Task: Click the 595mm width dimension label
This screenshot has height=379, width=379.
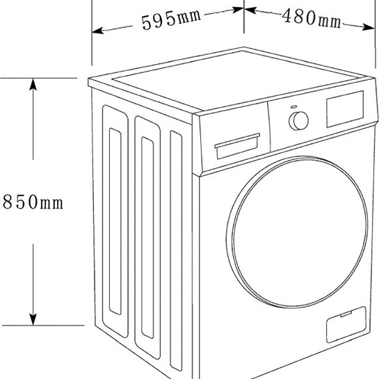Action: click(x=171, y=19)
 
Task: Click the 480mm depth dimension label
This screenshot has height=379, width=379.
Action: click(x=312, y=18)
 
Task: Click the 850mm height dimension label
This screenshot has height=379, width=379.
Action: click(x=33, y=202)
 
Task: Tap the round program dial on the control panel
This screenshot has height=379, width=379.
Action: click(x=299, y=120)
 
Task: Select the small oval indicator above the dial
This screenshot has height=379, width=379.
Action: click(x=294, y=106)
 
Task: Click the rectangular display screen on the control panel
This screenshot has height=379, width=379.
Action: click(x=345, y=109)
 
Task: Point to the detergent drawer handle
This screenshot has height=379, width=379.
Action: click(x=237, y=140)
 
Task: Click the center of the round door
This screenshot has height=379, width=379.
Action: click(x=298, y=232)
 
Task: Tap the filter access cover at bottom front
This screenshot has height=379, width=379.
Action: click(x=346, y=324)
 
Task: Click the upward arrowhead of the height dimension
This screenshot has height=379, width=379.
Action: click(x=33, y=85)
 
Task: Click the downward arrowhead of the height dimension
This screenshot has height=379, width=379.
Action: click(x=33, y=319)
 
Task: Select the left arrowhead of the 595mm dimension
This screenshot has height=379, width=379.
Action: click(x=98, y=31)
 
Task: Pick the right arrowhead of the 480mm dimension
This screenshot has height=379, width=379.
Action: click(x=369, y=27)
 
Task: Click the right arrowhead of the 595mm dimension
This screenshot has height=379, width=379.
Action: click(x=238, y=10)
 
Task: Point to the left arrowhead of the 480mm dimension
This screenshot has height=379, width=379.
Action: click(x=250, y=10)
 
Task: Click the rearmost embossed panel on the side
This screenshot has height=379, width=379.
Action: click(x=115, y=221)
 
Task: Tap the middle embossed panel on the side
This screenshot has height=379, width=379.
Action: click(x=147, y=237)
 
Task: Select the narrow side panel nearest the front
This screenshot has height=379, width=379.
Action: click(x=176, y=251)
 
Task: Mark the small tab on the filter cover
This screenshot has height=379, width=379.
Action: click(x=346, y=314)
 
